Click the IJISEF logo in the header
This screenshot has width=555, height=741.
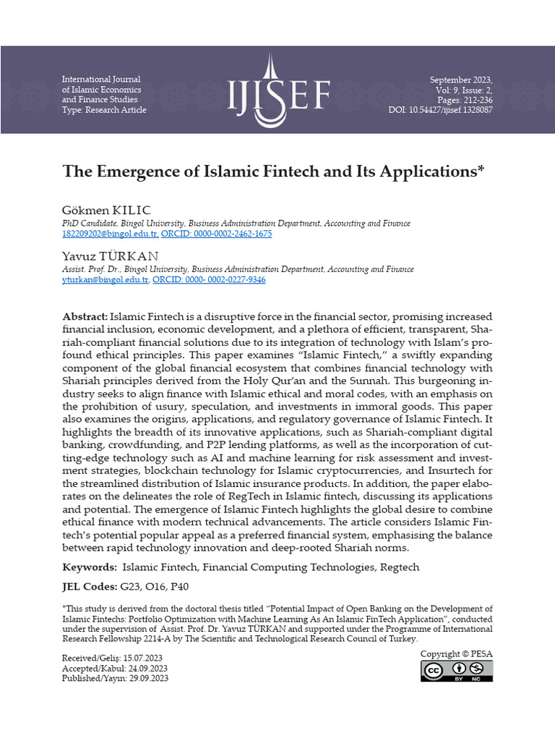[x=279, y=90]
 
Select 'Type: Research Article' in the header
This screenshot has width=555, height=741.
[x=104, y=110]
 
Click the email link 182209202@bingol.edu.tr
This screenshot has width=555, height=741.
[x=110, y=234]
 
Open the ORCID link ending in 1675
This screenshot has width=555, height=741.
[x=216, y=234]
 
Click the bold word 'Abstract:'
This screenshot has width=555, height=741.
[x=85, y=317]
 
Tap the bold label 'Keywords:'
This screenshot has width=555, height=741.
[x=90, y=567]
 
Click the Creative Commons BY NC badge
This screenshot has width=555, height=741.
[x=457, y=671]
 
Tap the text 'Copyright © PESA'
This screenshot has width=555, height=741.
[x=457, y=654]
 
